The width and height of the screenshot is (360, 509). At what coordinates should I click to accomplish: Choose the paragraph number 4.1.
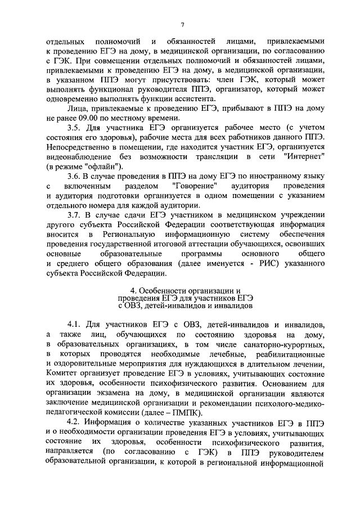click(x=75, y=325)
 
